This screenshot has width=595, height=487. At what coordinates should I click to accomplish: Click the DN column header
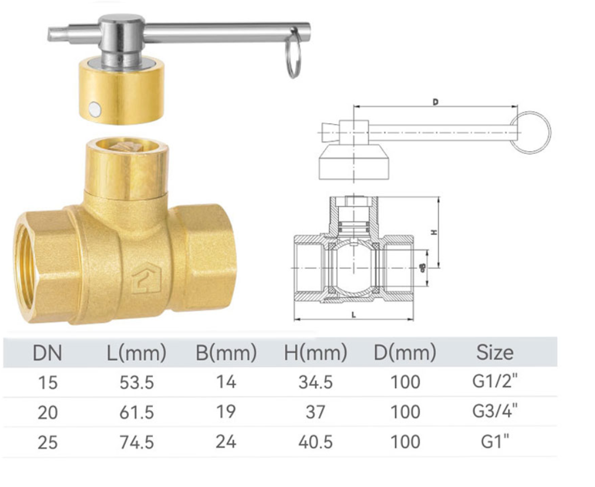tap(48, 353)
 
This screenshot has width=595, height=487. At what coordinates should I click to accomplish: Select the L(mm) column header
tap(137, 353)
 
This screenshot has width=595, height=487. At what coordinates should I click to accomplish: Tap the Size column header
tap(494, 352)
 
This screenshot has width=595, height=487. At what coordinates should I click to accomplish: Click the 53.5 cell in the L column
tap(137, 383)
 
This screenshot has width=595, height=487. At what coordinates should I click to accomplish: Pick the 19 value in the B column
tap(226, 412)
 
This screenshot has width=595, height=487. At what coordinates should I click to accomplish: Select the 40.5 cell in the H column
tap(315, 442)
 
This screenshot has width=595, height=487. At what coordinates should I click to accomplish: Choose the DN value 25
tap(48, 442)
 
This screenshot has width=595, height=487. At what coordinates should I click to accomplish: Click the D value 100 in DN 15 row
tap(405, 383)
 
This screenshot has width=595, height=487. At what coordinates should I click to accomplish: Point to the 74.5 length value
tap(137, 442)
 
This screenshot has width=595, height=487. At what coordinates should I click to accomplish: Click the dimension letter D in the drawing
tap(435, 102)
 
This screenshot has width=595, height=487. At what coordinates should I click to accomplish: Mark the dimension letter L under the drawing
tap(353, 315)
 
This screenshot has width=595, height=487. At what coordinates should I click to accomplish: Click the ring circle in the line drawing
tap(532, 133)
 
